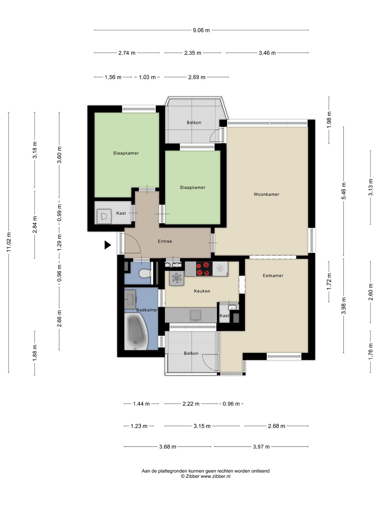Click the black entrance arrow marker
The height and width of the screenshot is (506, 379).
coord(107,245)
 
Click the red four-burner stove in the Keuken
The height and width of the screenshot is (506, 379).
coord(204,269)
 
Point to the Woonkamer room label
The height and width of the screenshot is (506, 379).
coord(266,194)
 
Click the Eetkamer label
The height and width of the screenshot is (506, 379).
coord(273,275)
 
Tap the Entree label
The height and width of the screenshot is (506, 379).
coord(165,241)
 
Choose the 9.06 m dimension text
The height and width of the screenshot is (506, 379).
coord(201,30)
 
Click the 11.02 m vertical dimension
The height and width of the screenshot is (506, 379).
coord(9,242)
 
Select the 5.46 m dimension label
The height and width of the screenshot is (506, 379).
coord(344,191)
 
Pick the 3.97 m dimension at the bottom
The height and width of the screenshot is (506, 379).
coord(261,447)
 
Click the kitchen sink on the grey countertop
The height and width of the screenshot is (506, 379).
coord(195,316)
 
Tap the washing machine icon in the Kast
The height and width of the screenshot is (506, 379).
coord(104,216)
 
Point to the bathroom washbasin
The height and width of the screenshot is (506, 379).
coord(130,299)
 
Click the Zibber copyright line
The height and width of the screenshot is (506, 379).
coord(206,476)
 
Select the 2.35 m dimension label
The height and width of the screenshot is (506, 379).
coord(193,53)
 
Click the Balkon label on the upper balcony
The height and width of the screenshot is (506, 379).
coord(194,123)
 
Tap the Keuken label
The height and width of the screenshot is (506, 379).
coord(202,291)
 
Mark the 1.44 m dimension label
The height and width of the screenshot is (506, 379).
coord(141,404)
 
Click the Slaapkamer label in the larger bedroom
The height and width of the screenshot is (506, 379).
coord(126,153)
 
